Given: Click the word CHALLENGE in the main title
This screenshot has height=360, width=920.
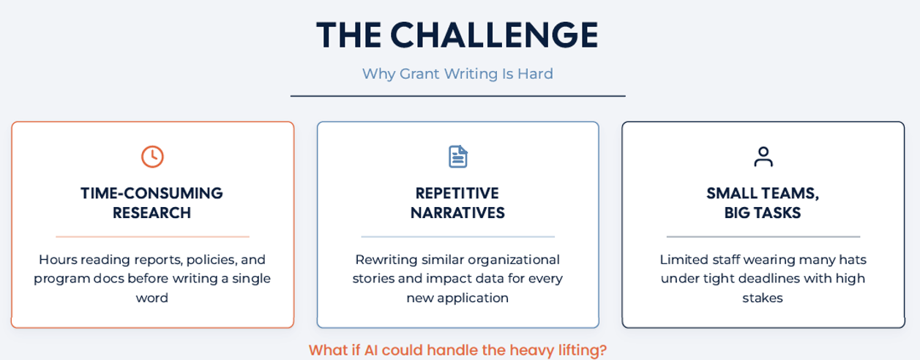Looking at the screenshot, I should pyautogui.click(x=494, y=35).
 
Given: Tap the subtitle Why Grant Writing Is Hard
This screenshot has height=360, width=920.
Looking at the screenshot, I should pyautogui.click(x=457, y=74).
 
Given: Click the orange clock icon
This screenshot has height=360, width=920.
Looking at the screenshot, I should pyautogui.click(x=152, y=157).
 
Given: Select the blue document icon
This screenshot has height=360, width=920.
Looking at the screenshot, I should pyautogui.click(x=457, y=157).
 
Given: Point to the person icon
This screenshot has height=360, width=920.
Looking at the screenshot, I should pyautogui.click(x=763, y=157).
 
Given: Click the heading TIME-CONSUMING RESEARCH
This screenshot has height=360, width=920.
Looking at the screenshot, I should pyautogui.click(x=152, y=203).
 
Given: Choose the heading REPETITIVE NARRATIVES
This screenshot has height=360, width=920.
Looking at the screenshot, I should pyautogui.click(x=457, y=203).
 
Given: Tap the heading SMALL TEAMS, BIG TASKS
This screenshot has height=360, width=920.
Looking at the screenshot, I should pyautogui.click(x=763, y=203).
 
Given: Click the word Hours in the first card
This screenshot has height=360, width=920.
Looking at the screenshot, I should pyautogui.click(x=57, y=260).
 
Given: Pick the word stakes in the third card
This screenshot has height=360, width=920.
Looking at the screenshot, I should pyautogui.click(x=763, y=298).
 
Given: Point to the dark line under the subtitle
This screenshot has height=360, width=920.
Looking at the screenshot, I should pyautogui.click(x=457, y=96).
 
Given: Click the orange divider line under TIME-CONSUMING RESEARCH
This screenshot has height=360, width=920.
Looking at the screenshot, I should pyautogui.click(x=152, y=236).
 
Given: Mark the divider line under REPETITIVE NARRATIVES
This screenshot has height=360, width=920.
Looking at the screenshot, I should pyautogui.click(x=457, y=236).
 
